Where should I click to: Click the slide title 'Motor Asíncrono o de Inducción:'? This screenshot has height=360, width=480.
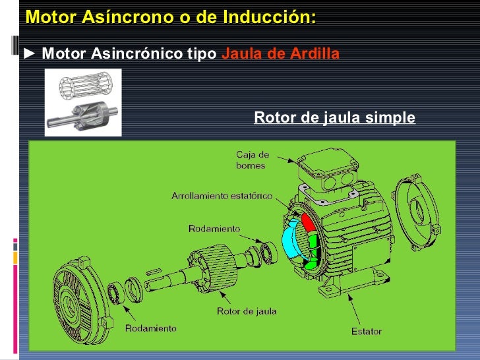(170, 18)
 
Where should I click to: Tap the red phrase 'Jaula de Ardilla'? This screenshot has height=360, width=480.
(280, 54)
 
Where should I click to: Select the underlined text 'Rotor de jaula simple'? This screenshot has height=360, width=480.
(334, 118)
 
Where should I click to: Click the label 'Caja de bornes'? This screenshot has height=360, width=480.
(253, 160)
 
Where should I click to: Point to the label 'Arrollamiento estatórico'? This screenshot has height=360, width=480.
(222, 196)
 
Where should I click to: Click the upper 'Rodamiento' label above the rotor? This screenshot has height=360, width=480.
(214, 229)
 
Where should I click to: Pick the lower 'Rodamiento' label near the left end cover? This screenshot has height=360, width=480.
(151, 328)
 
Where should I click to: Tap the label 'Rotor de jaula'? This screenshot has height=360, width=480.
(247, 311)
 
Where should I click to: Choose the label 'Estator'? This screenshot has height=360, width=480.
(367, 331)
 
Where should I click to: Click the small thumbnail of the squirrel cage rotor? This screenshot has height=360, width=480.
(83, 103)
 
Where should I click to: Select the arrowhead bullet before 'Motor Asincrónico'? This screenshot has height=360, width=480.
(30, 54)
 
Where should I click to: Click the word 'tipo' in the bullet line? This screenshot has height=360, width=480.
(202, 54)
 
